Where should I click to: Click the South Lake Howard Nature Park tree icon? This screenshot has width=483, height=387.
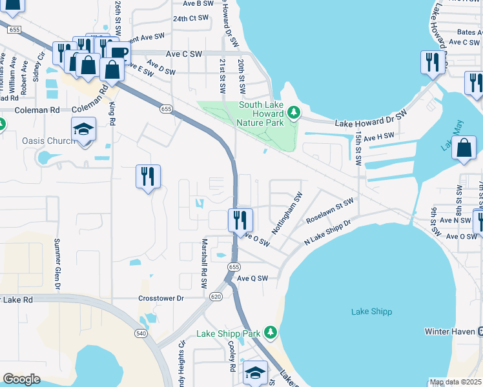(294, 114)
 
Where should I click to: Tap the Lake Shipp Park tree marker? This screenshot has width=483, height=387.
(271, 333)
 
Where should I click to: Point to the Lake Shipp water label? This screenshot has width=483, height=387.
(371, 312)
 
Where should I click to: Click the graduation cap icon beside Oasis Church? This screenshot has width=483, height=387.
(83, 130)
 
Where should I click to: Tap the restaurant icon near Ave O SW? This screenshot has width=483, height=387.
(240, 220)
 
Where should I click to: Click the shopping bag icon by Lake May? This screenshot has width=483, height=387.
(464, 148)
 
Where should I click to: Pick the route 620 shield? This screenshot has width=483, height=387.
(216, 297)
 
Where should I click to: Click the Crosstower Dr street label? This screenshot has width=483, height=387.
(161, 299)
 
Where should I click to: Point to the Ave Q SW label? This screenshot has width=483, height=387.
(252, 279)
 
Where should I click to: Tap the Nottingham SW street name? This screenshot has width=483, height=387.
(287, 213)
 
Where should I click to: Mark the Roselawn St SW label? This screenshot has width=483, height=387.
(329, 210)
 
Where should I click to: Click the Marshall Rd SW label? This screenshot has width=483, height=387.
(203, 263)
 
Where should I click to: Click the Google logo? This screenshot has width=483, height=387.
(22, 379)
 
